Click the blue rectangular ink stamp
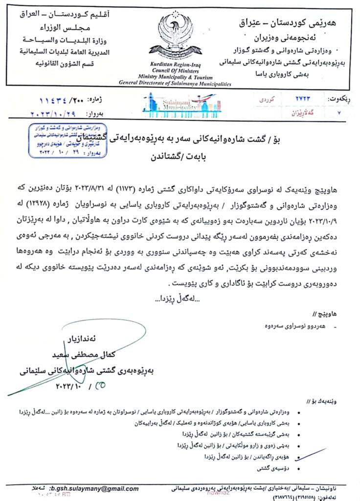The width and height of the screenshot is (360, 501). point(57,140)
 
